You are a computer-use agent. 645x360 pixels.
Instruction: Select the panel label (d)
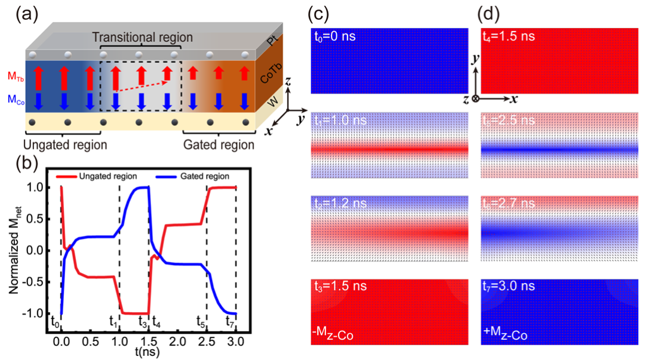[494, 13]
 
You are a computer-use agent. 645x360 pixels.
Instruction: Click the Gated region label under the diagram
[219, 144]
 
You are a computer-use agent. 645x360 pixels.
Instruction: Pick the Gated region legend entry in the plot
[191, 177]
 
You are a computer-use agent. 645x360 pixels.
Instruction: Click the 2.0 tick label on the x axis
[177, 341]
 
